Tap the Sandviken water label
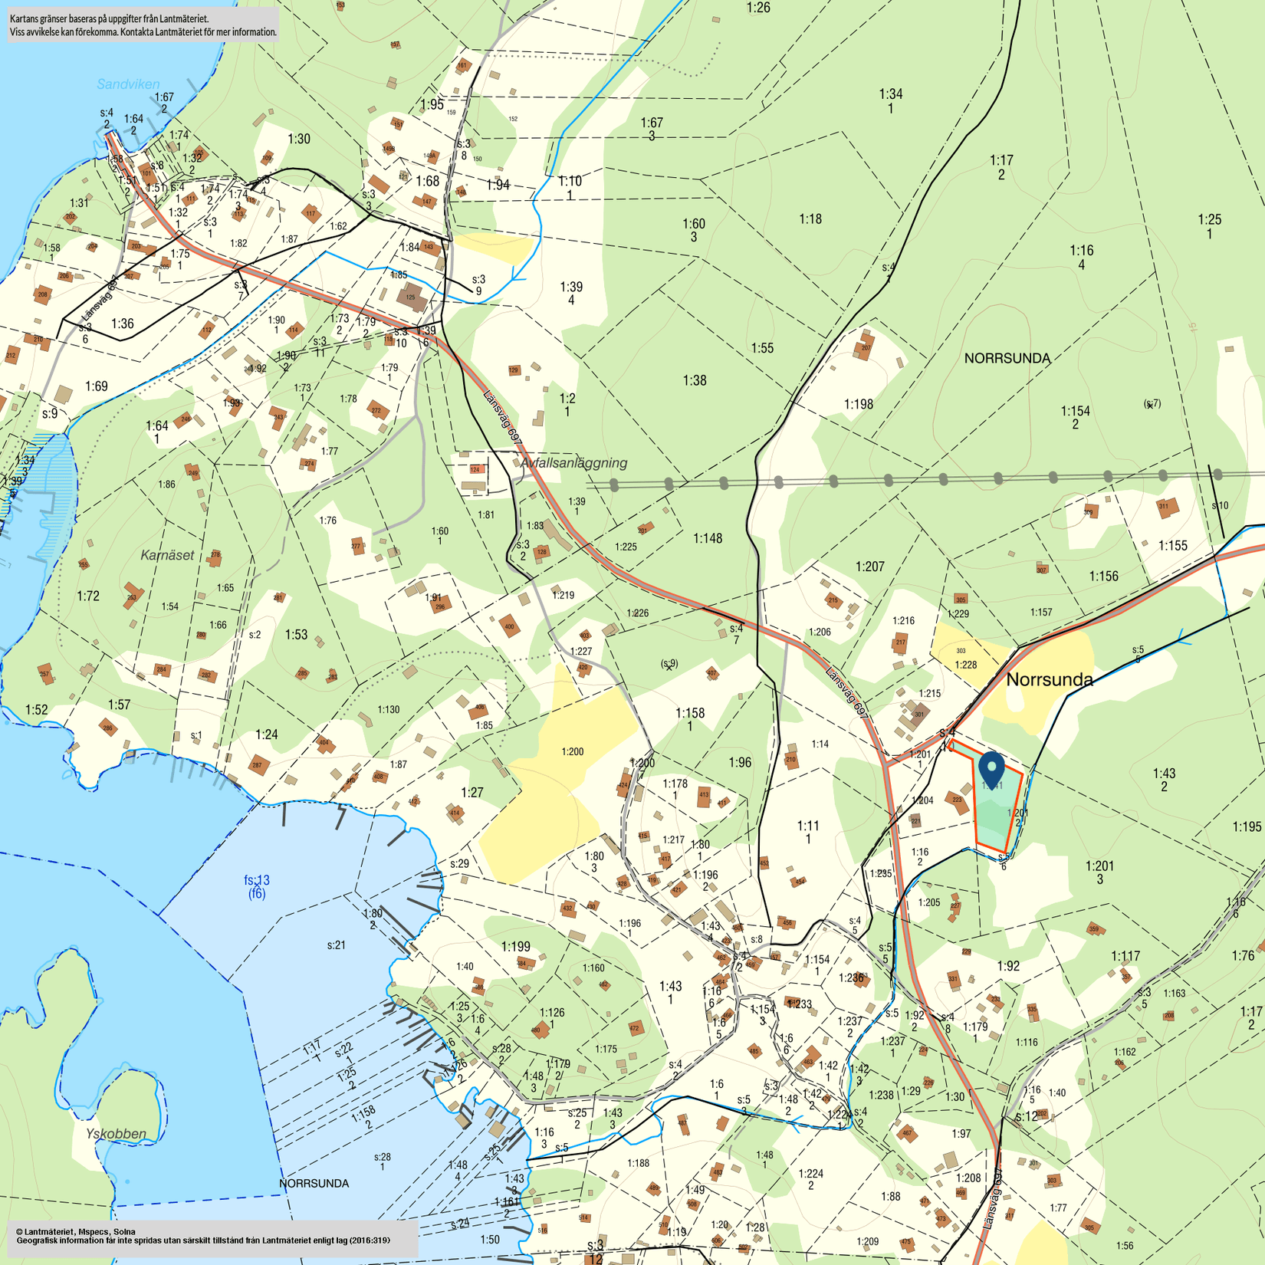pyautogui.click(x=128, y=84)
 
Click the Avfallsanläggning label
pyautogui.click(x=573, y=463)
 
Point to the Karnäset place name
pyautogui.click(x=167, y=555)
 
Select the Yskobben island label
pyautogui.click(x=116, y=1133)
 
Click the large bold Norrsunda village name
pyautogui.click(x=1049, y=679)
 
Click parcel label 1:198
pyautogui.click(x=858, y=404)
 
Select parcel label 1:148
pyautogui.click(x=708, y=538)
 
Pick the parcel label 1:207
pyautogui.click(x=869, y=567)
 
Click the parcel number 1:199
pyautogui.click(x=515, y=946)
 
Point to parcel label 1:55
pyautogui.click(x=761, y=348)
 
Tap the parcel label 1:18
pyautogui.click(x=810, y=219)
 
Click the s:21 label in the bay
pyautogui.click(x=336, y=945)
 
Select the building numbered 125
pyautogui.click(x=412, y=297)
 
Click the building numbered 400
pyautogui.click(x=509, y=626)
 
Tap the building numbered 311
pyautogui.click(x=1165, y=507)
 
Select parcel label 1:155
pyautogui.click(x=1172, y=546)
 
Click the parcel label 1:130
pyautogui.click(x=388, y=709)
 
